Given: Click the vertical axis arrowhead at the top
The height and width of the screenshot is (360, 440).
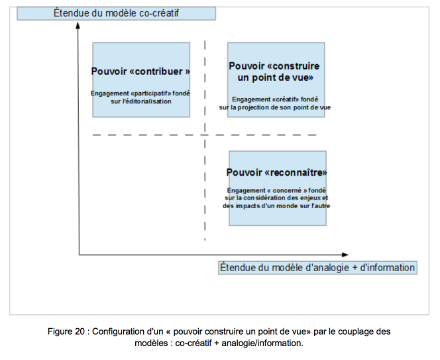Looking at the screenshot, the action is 78,25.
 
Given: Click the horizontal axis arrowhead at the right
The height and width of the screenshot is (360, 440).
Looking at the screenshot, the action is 345,255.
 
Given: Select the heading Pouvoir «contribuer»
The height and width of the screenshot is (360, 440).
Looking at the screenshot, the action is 140,72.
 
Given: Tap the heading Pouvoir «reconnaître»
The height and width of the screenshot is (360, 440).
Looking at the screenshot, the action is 277,172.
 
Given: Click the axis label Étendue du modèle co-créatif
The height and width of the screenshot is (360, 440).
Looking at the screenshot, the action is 116,13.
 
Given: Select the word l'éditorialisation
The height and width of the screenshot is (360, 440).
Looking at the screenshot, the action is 146,101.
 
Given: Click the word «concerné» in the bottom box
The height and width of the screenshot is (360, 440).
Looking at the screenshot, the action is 287,190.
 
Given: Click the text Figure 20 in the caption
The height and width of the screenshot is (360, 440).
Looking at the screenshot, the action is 66,331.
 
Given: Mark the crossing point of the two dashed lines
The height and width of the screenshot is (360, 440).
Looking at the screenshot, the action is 205,135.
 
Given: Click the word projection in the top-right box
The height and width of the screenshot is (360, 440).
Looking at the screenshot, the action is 258,107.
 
